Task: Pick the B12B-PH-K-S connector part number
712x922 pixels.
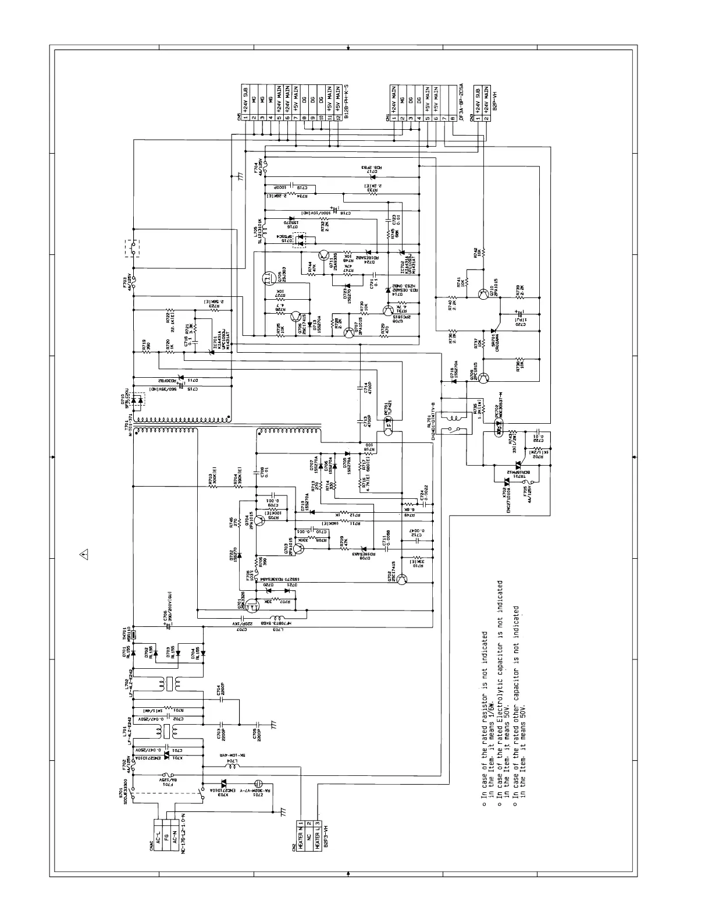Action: tap(347, 100)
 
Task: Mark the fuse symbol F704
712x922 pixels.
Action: tap(266, 170)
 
